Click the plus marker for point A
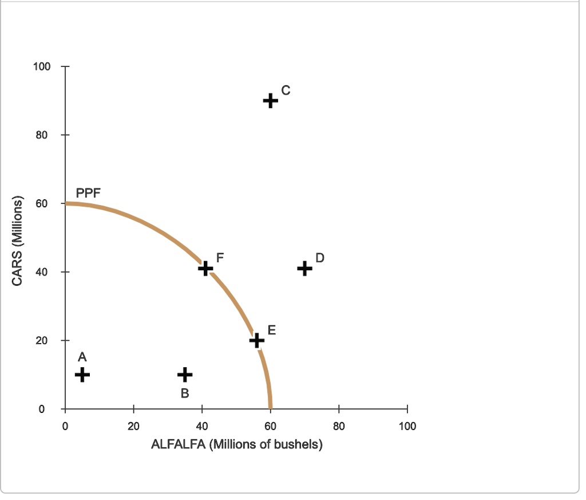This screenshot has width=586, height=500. coord(82,375)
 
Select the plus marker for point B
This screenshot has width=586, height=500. coord(185,375)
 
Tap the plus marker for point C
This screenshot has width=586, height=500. coord(271,101)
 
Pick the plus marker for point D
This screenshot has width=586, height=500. coord(305,267)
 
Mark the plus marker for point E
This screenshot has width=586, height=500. coord(257,340)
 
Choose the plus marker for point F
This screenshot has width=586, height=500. coord(205,267)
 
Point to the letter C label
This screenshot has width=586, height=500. coord(286,90)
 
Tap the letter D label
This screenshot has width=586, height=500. coord(320,258)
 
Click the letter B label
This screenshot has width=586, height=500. coord(185,394)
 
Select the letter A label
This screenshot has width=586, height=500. coord(82,357)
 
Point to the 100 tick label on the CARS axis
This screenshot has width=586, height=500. coord(42,66)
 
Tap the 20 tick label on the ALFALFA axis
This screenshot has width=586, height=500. coord(133,426)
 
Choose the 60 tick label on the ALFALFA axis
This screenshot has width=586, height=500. coord(271,426)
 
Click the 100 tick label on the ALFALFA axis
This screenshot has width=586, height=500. coord(407,426)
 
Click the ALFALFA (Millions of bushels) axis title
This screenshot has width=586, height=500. coord(236,444)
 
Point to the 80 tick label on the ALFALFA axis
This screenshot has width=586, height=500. coord(339,426)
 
